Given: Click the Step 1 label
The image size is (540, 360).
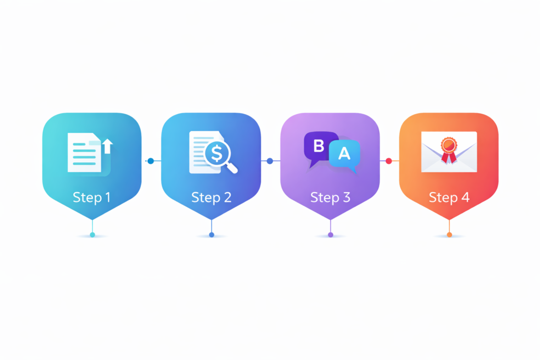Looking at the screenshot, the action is (92, 198).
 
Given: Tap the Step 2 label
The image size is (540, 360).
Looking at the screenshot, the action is (211, 198).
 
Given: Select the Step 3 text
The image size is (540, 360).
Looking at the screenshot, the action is (330, 198).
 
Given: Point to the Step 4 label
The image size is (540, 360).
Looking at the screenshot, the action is (449, 198).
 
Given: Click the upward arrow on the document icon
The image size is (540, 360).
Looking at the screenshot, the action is (108, 146).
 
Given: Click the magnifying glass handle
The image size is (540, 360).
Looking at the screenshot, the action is (232, 168).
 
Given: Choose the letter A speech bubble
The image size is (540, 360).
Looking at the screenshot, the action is (344, 155).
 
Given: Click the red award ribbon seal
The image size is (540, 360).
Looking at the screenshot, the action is (449, 150).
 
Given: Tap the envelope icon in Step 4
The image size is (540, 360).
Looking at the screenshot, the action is (449, 152).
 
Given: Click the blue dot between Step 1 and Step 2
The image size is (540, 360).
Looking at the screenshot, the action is (150, 161).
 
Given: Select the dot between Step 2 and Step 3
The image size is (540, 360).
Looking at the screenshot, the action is (269, 161).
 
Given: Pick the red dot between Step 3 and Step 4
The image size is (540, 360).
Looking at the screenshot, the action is (389, 161).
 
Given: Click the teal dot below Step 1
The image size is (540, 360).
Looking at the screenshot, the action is (92, 235).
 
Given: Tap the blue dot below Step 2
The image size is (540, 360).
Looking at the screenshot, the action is (211, 235).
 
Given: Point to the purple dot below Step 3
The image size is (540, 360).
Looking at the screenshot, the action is (331, 235).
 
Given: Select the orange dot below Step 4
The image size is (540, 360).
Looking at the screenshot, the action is (449, 235).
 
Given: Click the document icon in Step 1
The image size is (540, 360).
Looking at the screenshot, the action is (85, 152).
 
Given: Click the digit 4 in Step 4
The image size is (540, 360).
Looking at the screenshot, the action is (465, 197).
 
